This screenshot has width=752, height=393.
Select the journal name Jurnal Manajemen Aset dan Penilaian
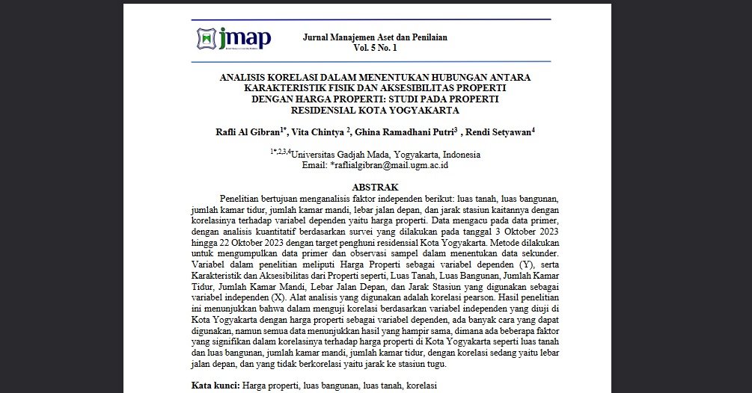[375, 37]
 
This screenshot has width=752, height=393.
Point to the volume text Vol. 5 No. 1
[375, 48]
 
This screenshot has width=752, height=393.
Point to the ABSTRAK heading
[375, 187]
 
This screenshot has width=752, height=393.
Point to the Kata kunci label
[214, 386]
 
